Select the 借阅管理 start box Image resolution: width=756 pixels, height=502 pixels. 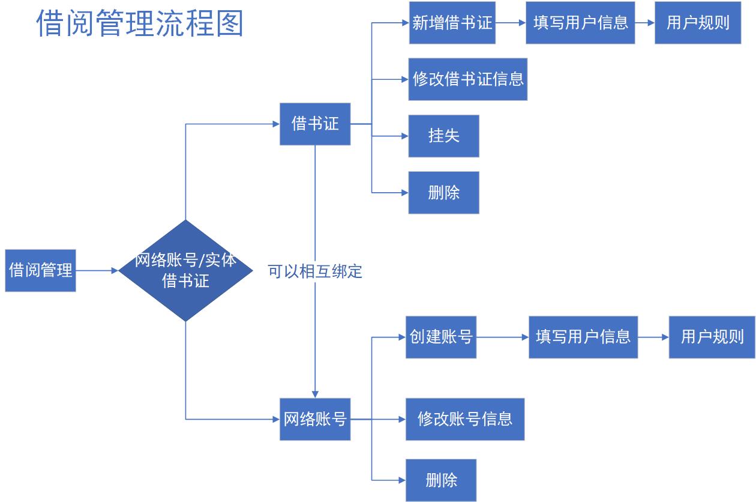pos(40,270)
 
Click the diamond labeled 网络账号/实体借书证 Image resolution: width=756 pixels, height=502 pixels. pos(185,270)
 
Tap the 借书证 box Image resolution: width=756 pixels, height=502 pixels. pos(315,124)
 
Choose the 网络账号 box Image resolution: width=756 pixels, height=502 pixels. pos(315,419)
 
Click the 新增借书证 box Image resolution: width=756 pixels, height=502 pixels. pos(452,23)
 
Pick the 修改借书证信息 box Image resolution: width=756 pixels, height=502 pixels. pos(468,79)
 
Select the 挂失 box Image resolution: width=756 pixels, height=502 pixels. pos(444,136)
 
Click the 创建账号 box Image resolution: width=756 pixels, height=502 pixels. pos(441,337)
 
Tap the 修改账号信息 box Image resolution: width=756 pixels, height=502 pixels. pos(465,419)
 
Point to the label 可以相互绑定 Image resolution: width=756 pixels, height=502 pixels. pos(315,271)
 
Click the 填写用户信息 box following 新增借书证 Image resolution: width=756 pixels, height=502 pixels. pos(580,23)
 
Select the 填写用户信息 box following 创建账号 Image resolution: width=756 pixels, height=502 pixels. pos(583,337)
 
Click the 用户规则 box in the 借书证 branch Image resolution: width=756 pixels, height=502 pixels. pos(698,23)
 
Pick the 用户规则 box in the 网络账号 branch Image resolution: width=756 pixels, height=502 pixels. pos(712,337)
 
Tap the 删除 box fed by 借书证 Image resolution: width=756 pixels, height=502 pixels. pos(444,193)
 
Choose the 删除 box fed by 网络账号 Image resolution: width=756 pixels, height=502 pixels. pos(441,480)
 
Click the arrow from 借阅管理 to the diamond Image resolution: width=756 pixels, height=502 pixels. pos(97,271)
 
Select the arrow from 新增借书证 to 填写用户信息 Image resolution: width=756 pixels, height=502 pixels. pos(511,23)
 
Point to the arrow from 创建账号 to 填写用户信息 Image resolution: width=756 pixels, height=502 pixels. pos(502,337)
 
